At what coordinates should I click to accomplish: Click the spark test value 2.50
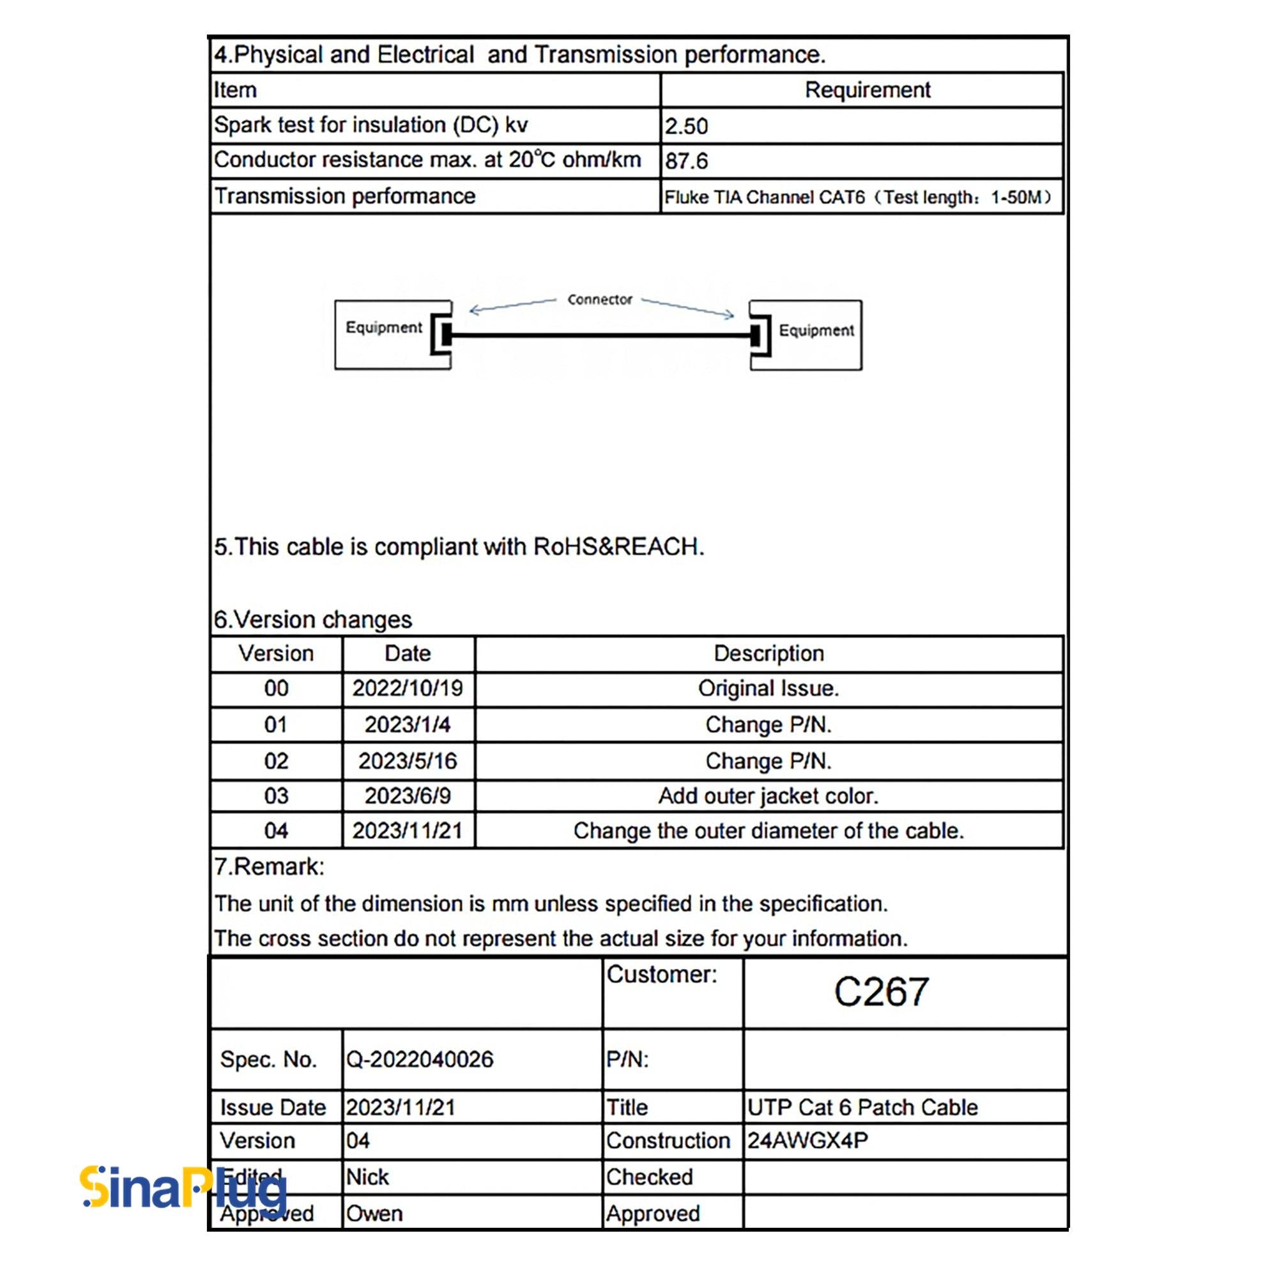tap(686, 126)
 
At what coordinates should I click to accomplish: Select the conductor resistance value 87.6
tap(686, 161)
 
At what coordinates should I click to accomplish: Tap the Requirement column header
tap(867, 90)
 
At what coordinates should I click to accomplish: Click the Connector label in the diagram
tap(599, 300)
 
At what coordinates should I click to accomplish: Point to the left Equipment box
tap(384, 334)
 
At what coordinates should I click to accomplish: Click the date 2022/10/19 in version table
tap(408, 689)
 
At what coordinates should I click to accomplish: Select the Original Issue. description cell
tap(768, 689)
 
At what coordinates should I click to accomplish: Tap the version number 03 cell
tap(276, 796)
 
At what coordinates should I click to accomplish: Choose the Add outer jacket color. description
tap(768, 796)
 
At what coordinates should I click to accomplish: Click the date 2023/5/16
tap(408, 761)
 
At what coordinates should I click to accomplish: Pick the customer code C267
tap(881, 991)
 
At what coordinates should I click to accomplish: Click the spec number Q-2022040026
tap(420, 1060)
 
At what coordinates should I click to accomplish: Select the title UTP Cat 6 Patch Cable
tap(862, 1107)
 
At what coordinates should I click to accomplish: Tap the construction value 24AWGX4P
tap(807, 1141)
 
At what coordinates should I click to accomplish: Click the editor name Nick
tap(367, 1177)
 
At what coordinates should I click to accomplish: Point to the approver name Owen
tap(374, 1214)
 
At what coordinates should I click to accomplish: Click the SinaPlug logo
tap(184, 1187)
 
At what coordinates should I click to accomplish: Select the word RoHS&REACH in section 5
tap(618, 547)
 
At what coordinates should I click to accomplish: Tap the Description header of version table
tap(768, 654)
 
